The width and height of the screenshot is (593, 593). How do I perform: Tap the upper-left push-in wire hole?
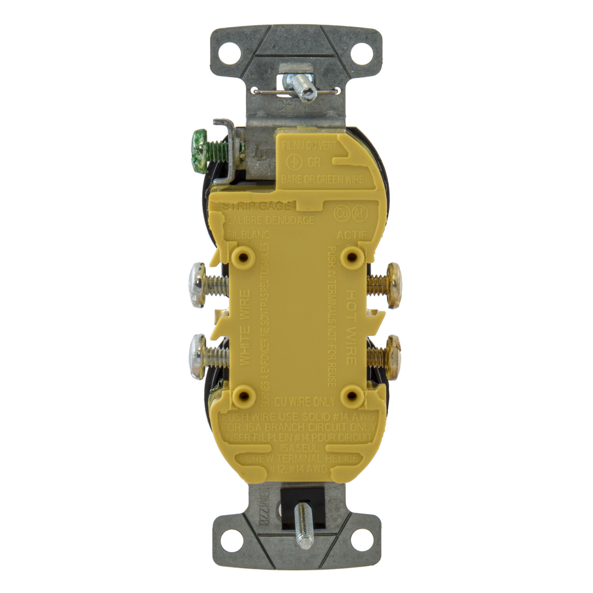click(x=243, y=255)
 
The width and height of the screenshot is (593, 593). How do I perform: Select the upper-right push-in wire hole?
click(x=352, y=255)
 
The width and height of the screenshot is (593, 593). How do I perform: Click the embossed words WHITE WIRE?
click(x=246, y=326)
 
